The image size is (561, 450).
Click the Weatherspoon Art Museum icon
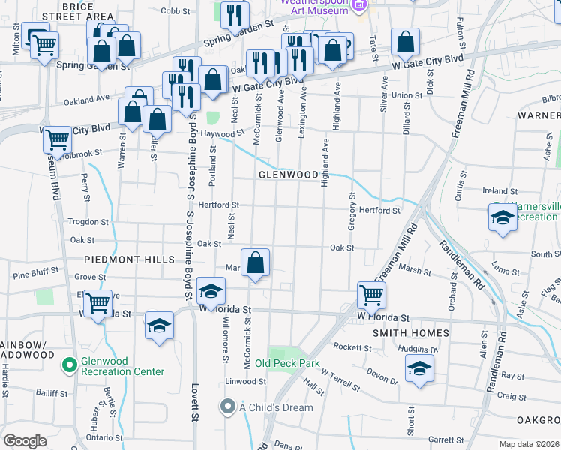pyautogui.click(x=359, y=6)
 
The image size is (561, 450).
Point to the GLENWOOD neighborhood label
pyautogui.click(x=289, y=174)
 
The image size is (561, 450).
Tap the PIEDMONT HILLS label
pyautogui.click(x=129, y=259)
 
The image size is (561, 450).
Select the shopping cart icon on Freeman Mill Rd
pyautogui.click(x=371, y=295)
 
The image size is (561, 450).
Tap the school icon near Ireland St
pyautogui.click(x=502, y=218)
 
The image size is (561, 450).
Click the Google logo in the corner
pyautogui.click(x=25, y=440)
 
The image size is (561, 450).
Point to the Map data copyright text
pyautogui.click(x=529, y=443)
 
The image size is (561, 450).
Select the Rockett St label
pyautogui.click(x=352, y=347)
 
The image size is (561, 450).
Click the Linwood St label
pyautogui.click(x=244, y=382)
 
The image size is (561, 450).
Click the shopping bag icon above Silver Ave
pyautogui.click(x=405, y=44)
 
